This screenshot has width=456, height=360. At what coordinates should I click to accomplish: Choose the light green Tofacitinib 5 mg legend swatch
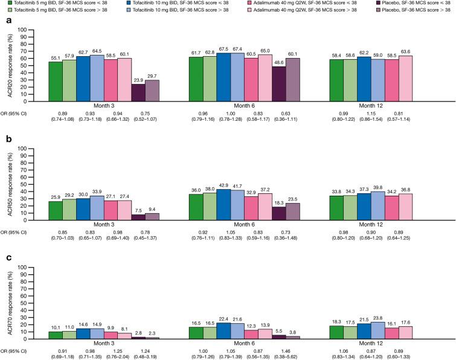pos(5,11)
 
